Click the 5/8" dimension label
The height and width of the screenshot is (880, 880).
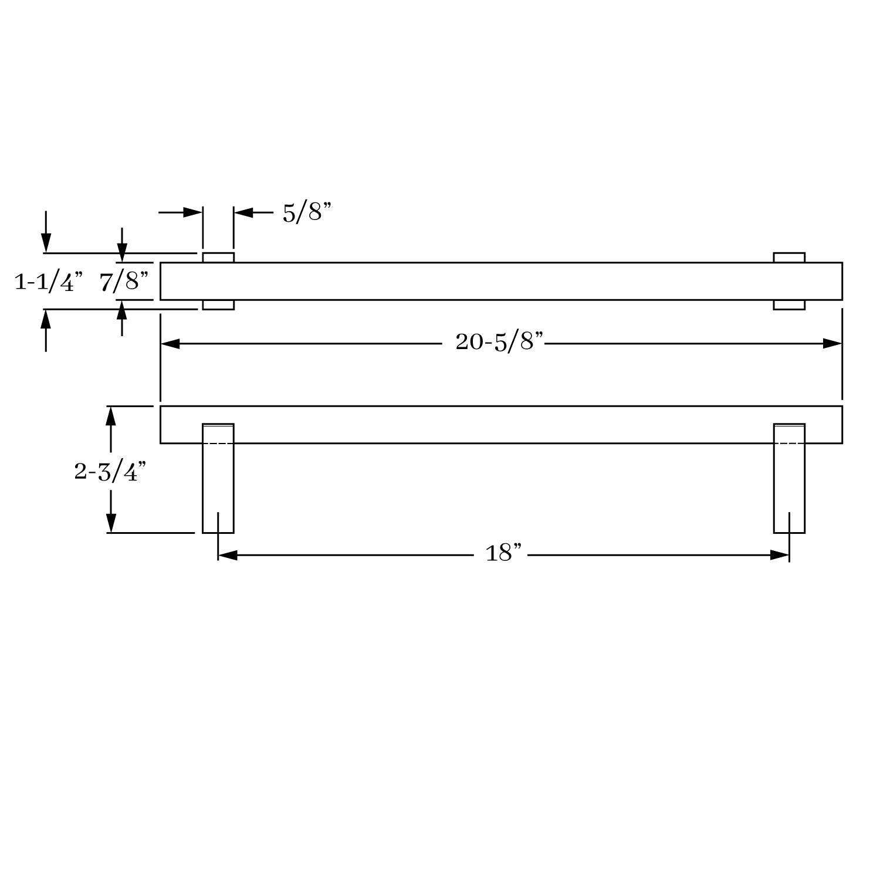click(307, 212)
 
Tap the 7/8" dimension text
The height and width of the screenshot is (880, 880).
click(124, 282)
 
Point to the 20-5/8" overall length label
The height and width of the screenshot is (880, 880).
click(500, 341)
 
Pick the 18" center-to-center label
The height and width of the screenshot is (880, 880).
click(503, 553)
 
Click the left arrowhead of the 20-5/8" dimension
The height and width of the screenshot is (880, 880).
click(170, 343)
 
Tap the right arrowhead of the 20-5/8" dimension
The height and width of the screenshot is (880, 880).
click(832, 343)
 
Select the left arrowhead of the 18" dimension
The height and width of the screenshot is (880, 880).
click(228, 555)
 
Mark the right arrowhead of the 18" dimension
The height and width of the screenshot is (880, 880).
click(780, 555)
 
